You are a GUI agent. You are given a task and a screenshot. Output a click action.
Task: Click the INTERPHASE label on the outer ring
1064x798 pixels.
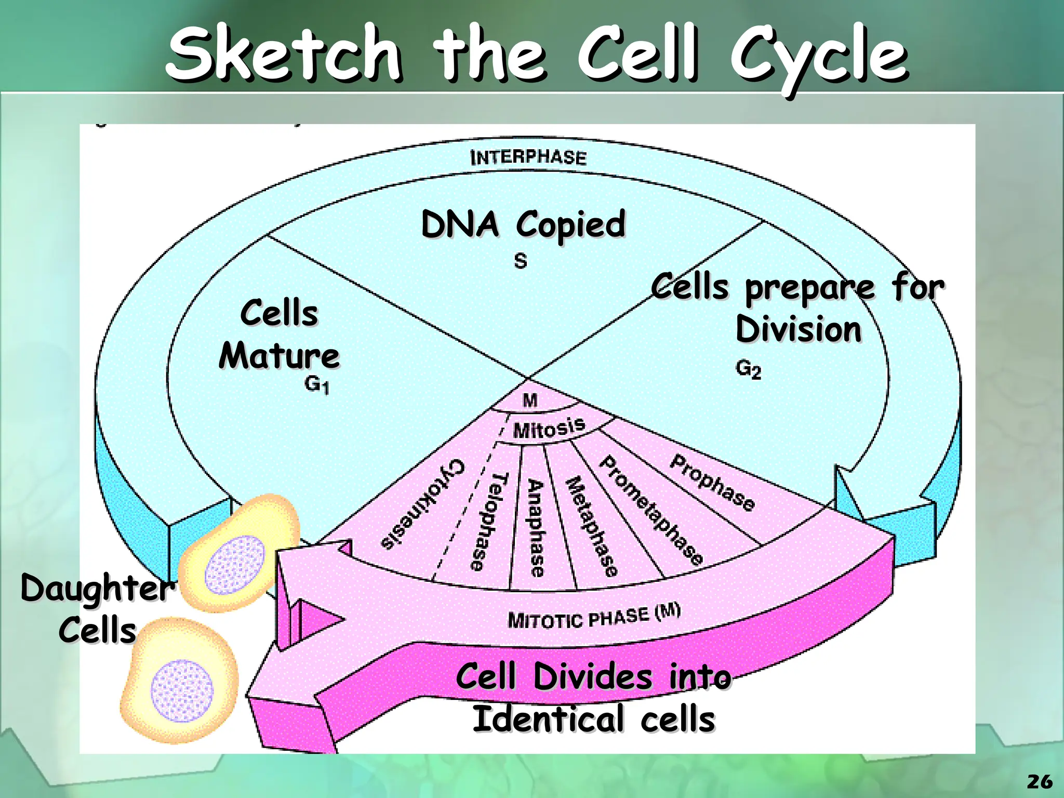click(x=528, y=157)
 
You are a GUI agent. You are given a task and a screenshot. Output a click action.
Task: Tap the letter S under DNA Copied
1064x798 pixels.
click(x=521, y=260)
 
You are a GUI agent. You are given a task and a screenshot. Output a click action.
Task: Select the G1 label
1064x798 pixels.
click(x=316, y=385)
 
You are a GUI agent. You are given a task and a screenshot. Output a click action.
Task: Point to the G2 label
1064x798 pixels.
click(x=748, y=369)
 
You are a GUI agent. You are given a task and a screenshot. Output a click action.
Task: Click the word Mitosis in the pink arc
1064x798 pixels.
click(x=549, y=429)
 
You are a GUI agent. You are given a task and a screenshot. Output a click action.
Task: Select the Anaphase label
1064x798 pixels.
click(x=536, y=527)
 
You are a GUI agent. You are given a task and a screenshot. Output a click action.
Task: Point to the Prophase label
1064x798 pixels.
click(x=712, y=482)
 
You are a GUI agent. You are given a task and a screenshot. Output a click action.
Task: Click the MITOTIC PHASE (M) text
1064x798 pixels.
click(x=594, y=617)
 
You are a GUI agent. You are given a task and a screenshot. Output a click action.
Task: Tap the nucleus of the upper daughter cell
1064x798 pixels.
click(x=235, y=565)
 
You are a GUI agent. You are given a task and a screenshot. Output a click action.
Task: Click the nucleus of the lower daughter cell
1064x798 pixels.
click(x=182, y=690)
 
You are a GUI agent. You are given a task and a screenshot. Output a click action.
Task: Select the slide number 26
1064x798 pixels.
click(x=1040, y=781)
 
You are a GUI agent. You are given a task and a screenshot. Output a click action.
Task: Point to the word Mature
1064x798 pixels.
click(x=279, y=356)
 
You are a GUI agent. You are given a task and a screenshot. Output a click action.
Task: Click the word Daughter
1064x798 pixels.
click(x=96, y=589)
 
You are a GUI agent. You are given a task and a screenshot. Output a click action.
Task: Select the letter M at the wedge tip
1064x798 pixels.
click(x=530, y=400)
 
